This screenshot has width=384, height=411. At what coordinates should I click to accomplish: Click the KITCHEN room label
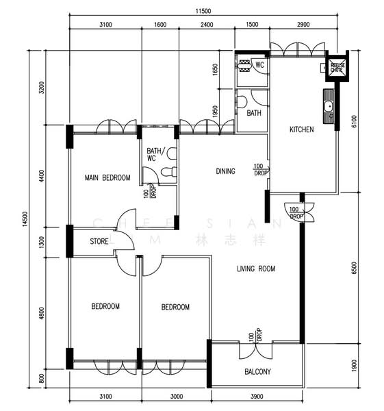301,129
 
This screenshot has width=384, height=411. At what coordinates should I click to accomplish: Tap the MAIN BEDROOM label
107,178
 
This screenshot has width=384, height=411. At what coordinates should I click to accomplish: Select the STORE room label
99,240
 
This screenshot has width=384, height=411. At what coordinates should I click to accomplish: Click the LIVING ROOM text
256,269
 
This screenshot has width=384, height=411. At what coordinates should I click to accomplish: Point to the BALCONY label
257,372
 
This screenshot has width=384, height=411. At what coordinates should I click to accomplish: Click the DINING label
225,171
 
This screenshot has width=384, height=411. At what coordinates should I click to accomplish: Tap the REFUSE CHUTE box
337,66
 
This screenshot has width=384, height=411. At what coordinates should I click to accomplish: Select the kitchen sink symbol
329,106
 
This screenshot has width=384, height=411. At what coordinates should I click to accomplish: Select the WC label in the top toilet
259,64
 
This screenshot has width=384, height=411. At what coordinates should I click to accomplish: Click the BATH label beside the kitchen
254,113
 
